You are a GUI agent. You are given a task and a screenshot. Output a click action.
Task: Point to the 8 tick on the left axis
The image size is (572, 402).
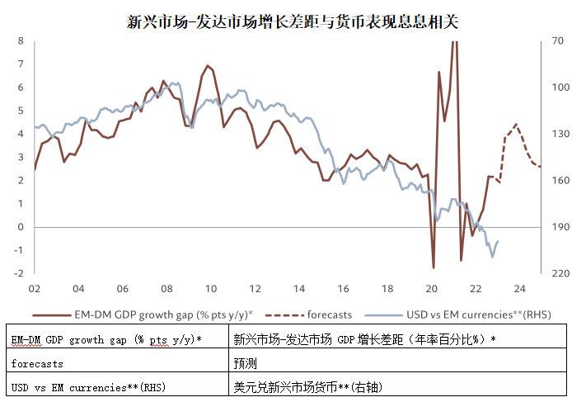[x=21, y=40]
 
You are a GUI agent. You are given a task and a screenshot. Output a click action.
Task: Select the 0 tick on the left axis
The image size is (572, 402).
[x=21, y=227]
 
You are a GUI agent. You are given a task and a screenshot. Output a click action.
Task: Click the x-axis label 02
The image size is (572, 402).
[x=34, y=289]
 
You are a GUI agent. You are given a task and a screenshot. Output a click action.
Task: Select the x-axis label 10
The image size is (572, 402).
[x=211, y=289]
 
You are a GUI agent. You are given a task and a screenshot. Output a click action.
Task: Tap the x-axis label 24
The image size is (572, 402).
[x=520, y=289]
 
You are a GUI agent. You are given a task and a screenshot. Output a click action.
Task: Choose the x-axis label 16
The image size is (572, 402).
[x=343, y=289]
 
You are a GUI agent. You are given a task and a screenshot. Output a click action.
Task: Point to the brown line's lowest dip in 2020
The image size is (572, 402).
[x=434, y=267]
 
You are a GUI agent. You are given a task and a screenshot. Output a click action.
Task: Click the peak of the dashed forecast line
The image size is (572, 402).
[x=516, y=124]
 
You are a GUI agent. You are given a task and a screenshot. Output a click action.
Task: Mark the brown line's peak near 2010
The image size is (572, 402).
[x=207, y=65]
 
